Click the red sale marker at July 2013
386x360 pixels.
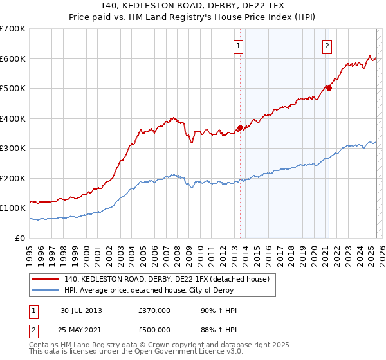(240, 127)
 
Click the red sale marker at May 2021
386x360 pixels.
(329, 88)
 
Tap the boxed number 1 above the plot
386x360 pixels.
(239, 46)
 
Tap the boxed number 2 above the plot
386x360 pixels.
(327, 46)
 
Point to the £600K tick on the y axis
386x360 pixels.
(13, 59)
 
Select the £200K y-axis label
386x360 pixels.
(13, 178)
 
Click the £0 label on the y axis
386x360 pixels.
(19, 238)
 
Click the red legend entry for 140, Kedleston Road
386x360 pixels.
(170, 279)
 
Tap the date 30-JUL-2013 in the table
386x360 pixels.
(81, 310)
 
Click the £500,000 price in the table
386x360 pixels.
(154, 329)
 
